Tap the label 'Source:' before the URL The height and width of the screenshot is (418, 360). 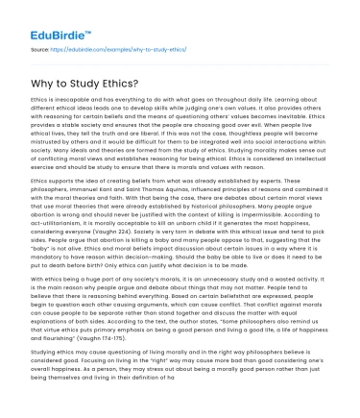point(39,43)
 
